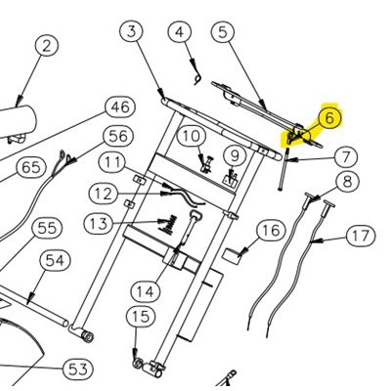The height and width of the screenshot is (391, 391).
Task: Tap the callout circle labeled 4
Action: coord(180,32)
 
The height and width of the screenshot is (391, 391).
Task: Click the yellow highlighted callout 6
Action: coord(328,118)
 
